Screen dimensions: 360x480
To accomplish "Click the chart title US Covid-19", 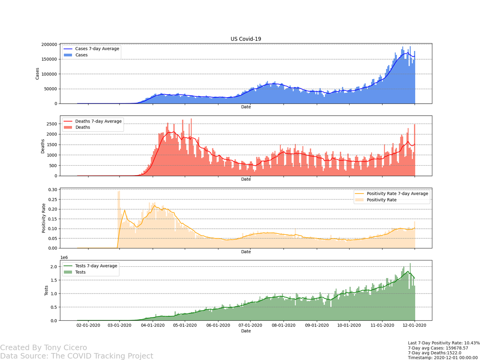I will click(x=246, y=39).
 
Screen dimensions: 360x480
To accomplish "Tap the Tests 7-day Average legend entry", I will click(x=96, y=266).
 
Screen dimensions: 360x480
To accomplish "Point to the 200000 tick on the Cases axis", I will click(x=48, y=44).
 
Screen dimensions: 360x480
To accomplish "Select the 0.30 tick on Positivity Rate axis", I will click(x=52, y=190).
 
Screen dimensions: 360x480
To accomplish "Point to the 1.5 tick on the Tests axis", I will click(x=54, y=280).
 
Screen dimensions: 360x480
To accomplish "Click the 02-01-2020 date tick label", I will click(x=88, y=326).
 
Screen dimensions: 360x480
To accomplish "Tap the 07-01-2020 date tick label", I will click(x=250, y=326).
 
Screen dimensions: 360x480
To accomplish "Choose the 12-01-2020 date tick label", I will click(x=414, y=326).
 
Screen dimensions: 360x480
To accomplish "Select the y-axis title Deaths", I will click(x=43, y=146).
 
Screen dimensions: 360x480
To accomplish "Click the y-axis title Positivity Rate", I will click(x=43, y=218).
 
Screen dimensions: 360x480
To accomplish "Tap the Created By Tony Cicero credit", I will click(x=44, y=348).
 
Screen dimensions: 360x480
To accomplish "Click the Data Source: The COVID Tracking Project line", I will click(x=76, y=356).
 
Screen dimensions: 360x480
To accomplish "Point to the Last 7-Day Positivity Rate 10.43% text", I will click(x=443, y=343).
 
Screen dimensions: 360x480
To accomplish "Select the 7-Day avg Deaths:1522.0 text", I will click(x=434, y=353).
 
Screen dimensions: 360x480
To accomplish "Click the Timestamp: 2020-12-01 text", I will click(x=442, y=358).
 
